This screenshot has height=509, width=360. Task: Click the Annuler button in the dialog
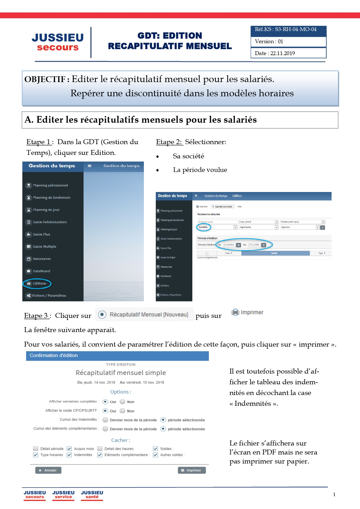48,470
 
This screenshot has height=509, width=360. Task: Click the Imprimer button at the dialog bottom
191,470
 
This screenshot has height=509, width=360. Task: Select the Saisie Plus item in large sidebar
41,234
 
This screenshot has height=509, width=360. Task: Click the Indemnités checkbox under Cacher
69,455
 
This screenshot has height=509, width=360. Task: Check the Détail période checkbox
36,449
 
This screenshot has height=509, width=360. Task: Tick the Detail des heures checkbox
100,449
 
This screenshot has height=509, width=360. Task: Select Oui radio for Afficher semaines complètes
105,402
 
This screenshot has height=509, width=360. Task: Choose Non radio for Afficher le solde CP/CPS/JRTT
122,411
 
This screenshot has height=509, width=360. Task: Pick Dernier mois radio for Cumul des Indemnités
105,420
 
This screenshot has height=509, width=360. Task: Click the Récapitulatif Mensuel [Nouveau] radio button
102,315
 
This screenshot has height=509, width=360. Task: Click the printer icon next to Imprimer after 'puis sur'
235,312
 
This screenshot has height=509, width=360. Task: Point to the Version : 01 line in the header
269,41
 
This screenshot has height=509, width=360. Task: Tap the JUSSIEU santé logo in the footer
92,494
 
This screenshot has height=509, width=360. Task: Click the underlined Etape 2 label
169,142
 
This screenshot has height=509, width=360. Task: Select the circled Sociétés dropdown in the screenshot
204,227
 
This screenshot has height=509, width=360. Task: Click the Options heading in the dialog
120,392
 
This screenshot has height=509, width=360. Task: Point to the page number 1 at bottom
334,494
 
